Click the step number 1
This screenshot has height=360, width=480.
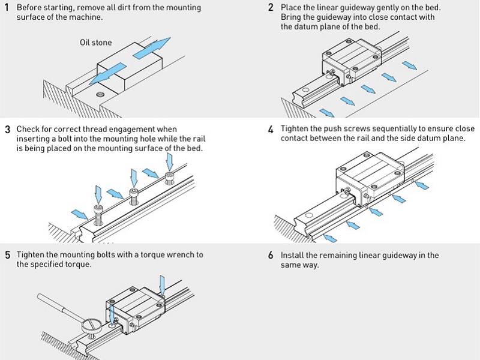(7, 7)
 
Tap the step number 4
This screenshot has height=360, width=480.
(271, 130)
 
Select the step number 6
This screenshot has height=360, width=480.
(271, 255)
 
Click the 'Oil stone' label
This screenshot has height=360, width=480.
(96, 42)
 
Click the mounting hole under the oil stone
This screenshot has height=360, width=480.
(100, 94)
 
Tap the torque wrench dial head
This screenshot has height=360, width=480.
(91, 326)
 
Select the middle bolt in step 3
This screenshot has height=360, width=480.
(134, 197)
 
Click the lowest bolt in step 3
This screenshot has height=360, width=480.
(98, 215)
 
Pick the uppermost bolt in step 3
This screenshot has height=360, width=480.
(170, 178)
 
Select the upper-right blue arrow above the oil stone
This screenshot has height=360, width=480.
(152, 47)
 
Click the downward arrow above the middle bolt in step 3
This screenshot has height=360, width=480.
(134, 178)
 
